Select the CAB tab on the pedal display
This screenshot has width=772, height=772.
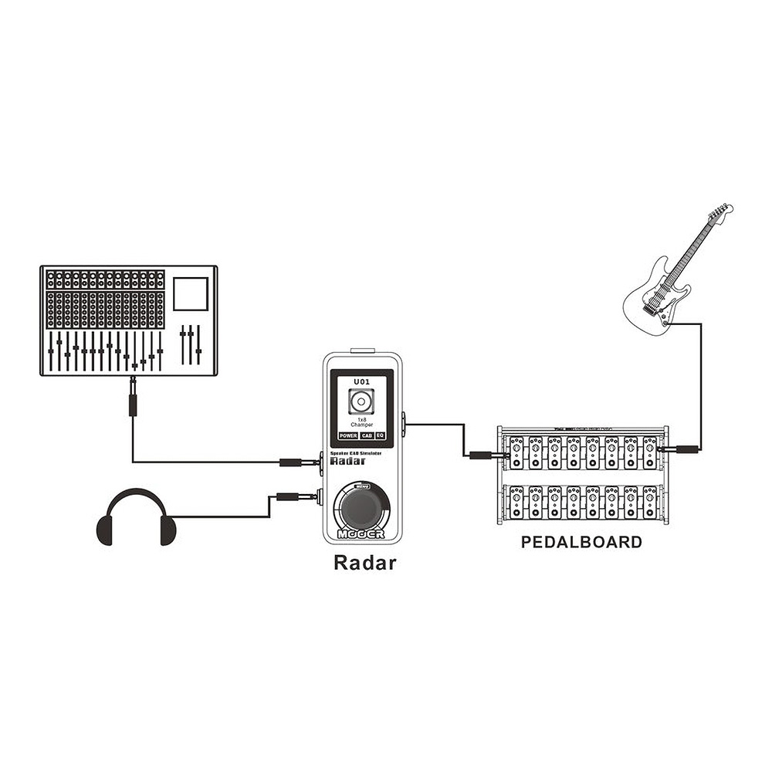click(x=367, y=436)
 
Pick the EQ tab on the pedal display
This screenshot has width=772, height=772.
click(x=381, y=436)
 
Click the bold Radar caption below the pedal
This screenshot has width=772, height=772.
click(x=364, y=563)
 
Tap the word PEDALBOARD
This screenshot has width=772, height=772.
click(x=581, y=542)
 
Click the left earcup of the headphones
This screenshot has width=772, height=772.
click(x=105, y=530)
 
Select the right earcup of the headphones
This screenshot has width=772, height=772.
click(x=167, y=530)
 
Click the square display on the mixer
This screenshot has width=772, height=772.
click(x=191, y=294)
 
